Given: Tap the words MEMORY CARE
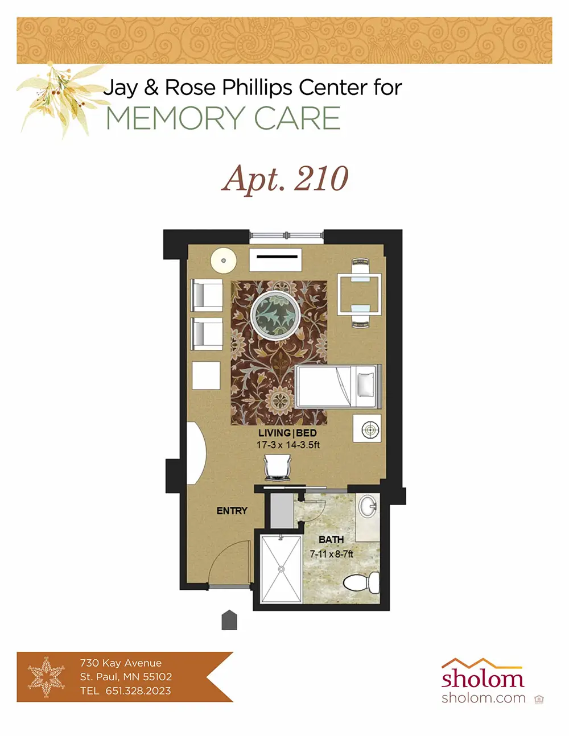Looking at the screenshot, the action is pos(224,118).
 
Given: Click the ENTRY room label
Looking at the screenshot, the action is pos(232,511).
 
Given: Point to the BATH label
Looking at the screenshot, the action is pos(331,540).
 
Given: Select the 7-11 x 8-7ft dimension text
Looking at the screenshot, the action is pos(332,554).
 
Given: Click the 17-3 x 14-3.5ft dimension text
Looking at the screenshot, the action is pos(288,445).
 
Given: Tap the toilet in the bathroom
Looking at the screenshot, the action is pos(361,582).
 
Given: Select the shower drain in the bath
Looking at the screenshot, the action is pos(281,569).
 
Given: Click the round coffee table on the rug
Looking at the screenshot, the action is pos(275,315).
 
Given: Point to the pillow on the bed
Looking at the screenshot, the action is pos(366,384).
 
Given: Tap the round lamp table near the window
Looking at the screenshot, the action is pos(223,261).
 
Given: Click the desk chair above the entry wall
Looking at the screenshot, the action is pos(278,468).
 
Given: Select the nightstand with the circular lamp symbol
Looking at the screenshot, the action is pos(367,428).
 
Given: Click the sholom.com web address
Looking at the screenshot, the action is pos(483,698).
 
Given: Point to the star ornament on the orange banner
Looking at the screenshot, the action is pos(47,677).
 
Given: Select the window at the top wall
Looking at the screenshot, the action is pos(287,235).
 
